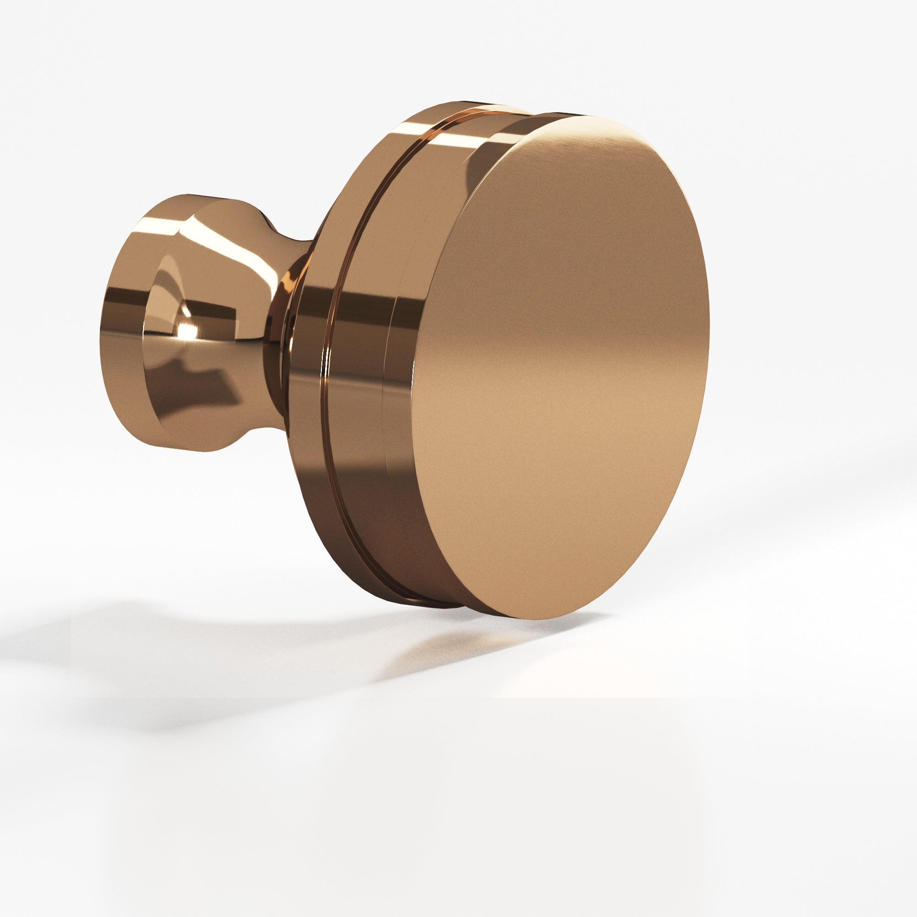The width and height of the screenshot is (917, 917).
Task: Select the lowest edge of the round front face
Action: point(531,619)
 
